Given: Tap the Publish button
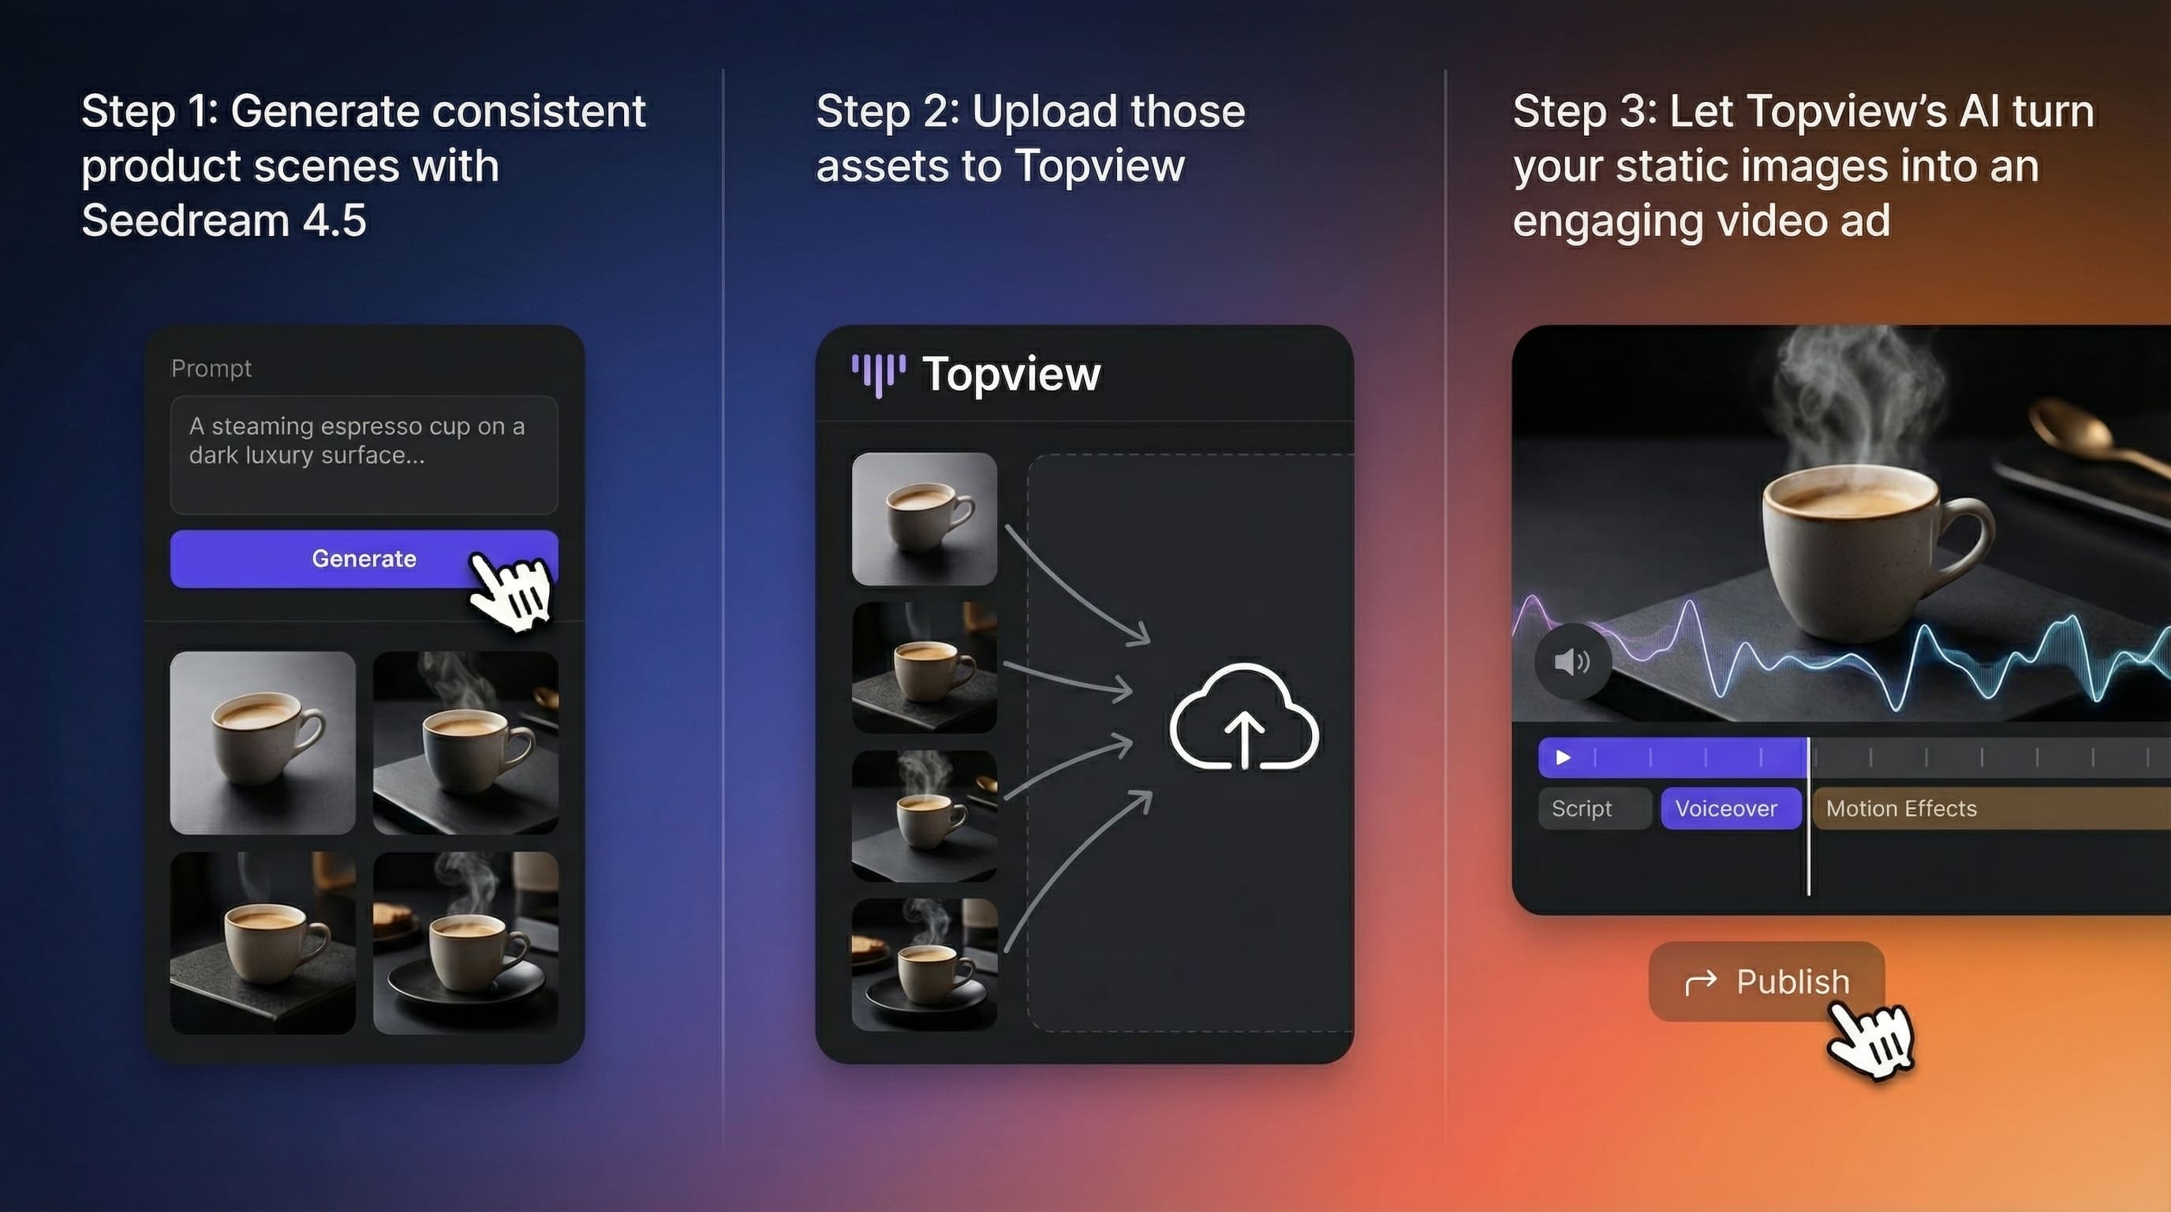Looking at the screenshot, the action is pos(1766,982).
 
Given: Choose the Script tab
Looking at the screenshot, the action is pos(1594,808).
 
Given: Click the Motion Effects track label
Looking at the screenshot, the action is pos(1901,808).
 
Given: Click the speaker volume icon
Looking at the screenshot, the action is pos(1572,661).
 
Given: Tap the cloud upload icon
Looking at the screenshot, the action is pos(1244,717).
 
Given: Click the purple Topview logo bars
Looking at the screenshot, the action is pos(878,375).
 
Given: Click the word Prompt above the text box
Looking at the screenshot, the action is pos(211,368).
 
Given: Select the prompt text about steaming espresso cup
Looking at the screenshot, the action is pos(357,440).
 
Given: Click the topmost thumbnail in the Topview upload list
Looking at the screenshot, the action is pos(925,518).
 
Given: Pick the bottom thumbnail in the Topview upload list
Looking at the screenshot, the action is pos(925,964).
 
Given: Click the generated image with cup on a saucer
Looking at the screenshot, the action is pos(465,943).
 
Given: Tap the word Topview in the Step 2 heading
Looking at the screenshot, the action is pos(1100,165).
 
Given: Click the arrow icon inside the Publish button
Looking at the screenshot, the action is pos(1700,982).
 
